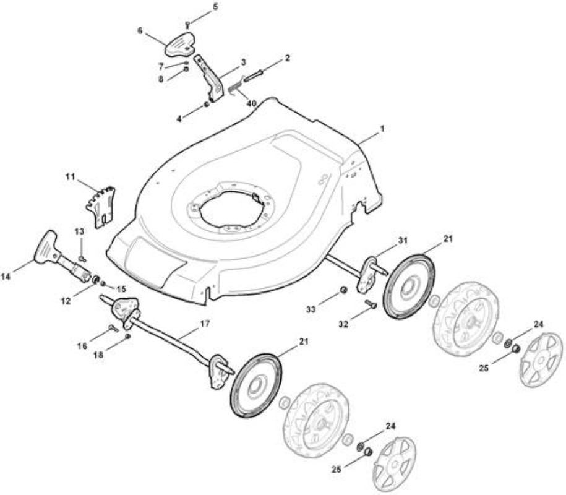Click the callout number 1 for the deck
382,129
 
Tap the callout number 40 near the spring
251,103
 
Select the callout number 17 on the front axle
205,324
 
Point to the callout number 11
70,178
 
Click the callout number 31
403,241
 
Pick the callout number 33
311,309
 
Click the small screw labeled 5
187,25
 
